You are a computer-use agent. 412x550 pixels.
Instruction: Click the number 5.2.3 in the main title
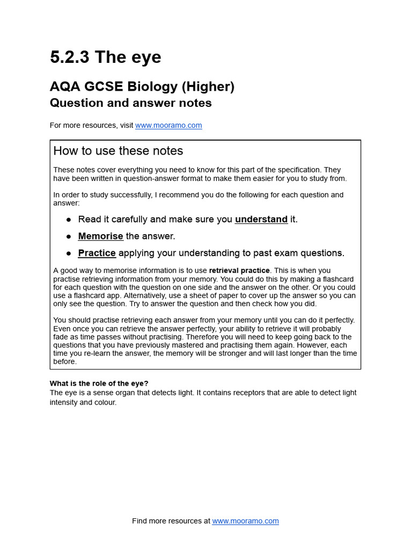pyautogui.click(x=70, y=57)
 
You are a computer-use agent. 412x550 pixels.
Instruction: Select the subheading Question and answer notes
pyautogui.click(x=130, y=103)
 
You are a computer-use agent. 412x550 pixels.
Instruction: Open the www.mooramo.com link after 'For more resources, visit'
pyautogui.click(x=168, y=125)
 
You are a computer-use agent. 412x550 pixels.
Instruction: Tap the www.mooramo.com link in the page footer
pyautogui.click(x=245, y=521)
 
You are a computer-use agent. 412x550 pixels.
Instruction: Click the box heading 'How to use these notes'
pyautogui.click(x=118, y=151)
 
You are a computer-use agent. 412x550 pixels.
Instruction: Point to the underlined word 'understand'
pyautogui.click(x=261, y=219)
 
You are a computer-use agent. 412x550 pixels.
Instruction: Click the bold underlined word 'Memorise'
pyautogui.click(x=100, y=236)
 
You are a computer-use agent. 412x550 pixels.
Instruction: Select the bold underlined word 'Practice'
pyautogui.click(x=97, y=253)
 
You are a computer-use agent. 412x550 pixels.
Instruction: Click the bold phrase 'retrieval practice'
pyautogui.click(x=240, y=270)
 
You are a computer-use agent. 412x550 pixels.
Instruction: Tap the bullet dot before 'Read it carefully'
pyautogui.click(x=69, y=220)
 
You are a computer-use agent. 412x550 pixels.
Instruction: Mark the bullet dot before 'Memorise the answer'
pyautogui.click(x=69, y=236)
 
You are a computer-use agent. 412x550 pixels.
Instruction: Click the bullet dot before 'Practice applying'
pyautogui.click(x=69, y=254)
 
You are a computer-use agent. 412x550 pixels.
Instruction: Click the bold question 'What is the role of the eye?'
pyautogui.click(x=99, y=383)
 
